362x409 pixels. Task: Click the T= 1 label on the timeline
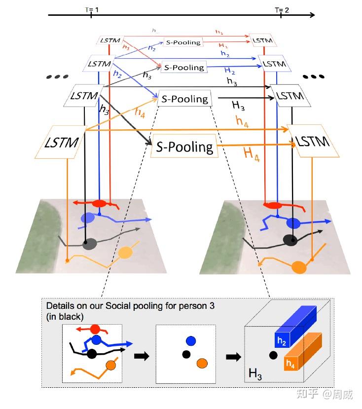pyautogui.click(x=91, y=9)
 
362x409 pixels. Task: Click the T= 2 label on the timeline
pyautogui.click(x=281, y=9)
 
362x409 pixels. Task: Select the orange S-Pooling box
pyautogui.click(x=185, y=147)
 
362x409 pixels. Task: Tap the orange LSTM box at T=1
pyautogui.click(x=62, y=143)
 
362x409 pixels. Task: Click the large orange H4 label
pyautogui.click(x=252, y=153)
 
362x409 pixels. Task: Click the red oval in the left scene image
pyautogui.click(x=100, y=203)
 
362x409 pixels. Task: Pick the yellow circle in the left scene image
pyautogui.click(x=126, y=253)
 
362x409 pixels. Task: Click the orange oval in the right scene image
pyautogui.click(x=299, y=268)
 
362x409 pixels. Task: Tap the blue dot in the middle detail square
pyautogui.click(x=190, y=340)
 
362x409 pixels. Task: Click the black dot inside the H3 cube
pyautogui.click(x=273, y=354)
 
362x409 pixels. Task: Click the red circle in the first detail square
pyautogui.click(x=95, y=329)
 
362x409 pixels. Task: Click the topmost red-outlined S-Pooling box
pyautogui.click(x=183, y=42)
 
